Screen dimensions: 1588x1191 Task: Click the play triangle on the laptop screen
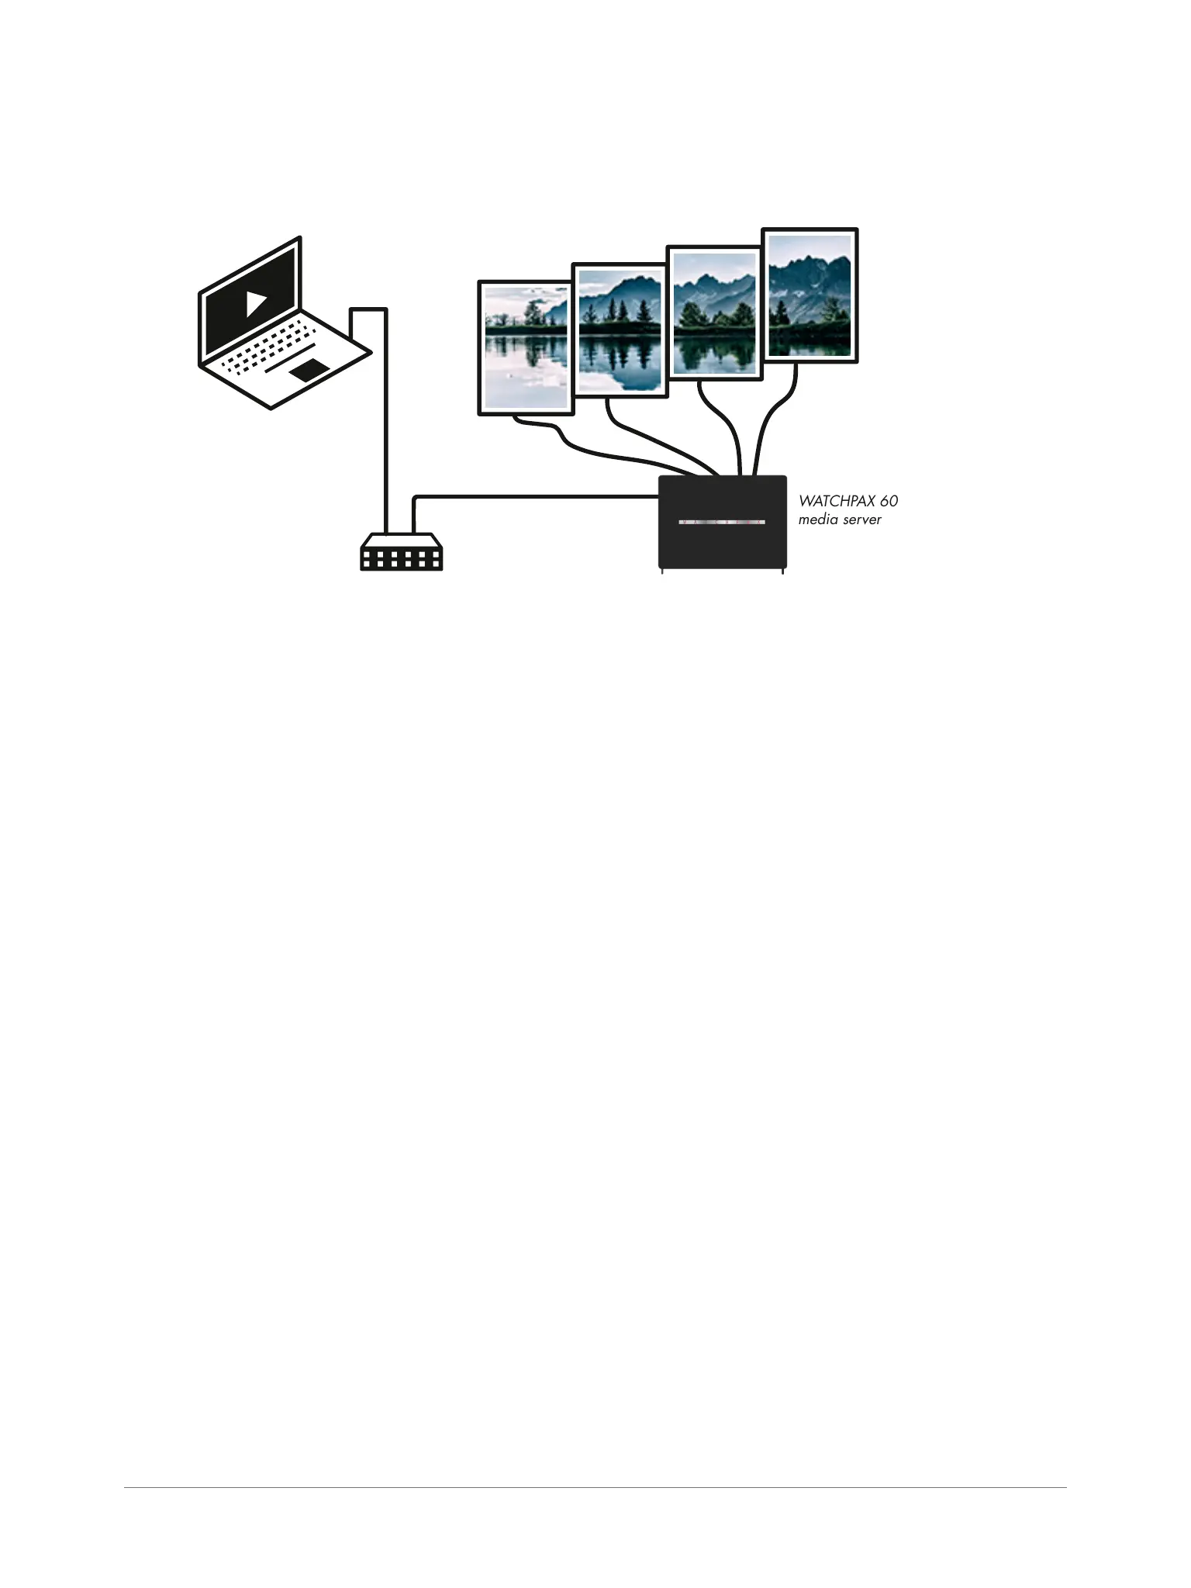(256, 302)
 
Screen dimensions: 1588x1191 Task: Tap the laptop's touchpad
(308, 370)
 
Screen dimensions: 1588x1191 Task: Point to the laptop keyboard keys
(268, 349)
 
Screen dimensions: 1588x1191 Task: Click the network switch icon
(401, 552)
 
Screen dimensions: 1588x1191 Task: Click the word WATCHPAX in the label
(837, 502)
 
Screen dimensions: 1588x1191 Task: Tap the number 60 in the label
(889, 502)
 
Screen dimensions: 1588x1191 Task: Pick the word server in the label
(862, 520)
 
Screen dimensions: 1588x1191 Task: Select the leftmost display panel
(526, 348)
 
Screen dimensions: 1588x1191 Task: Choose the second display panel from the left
(620, 331)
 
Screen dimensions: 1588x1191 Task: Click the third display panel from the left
(715, 313)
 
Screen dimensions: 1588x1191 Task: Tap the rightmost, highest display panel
(810, 295)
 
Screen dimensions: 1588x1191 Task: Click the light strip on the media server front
(722, 522)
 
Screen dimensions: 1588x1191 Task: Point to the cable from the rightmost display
(768, 426)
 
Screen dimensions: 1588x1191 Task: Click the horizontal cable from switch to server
(535, 496)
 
